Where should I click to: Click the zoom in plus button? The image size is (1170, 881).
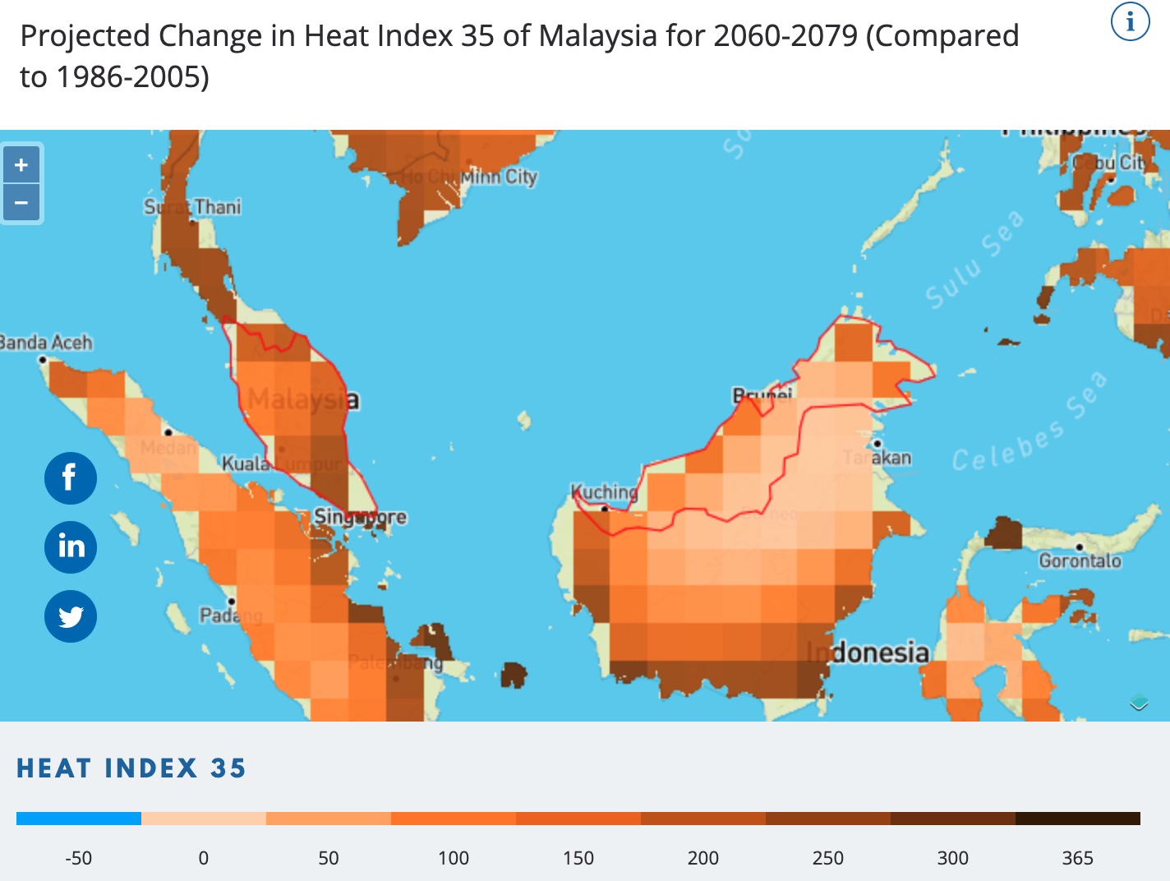(21, 165)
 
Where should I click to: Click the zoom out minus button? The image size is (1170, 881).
(21, 202)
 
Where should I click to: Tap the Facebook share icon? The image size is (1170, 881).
(71, 478)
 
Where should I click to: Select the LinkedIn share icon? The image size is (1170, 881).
(71, 547)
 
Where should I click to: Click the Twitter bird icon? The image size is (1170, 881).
(71, 616)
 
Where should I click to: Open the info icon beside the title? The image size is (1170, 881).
(1130, 21)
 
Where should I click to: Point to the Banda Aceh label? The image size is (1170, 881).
(46, 342)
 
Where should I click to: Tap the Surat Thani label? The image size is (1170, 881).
(192, 206)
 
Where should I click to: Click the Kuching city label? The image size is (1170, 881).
(605, 491)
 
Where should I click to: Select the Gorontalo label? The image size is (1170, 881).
(1080, 560)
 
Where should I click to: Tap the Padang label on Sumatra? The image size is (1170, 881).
(231, 615)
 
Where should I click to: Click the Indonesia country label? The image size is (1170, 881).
(868, 653)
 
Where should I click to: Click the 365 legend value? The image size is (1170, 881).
(1077, 858)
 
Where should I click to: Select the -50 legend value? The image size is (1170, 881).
(78, 858)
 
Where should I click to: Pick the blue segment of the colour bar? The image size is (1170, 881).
(79, 819)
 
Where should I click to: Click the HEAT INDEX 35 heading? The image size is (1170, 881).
(131, 768)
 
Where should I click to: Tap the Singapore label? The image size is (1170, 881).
(360, 517)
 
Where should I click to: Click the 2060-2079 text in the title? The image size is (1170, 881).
(785, 36)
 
